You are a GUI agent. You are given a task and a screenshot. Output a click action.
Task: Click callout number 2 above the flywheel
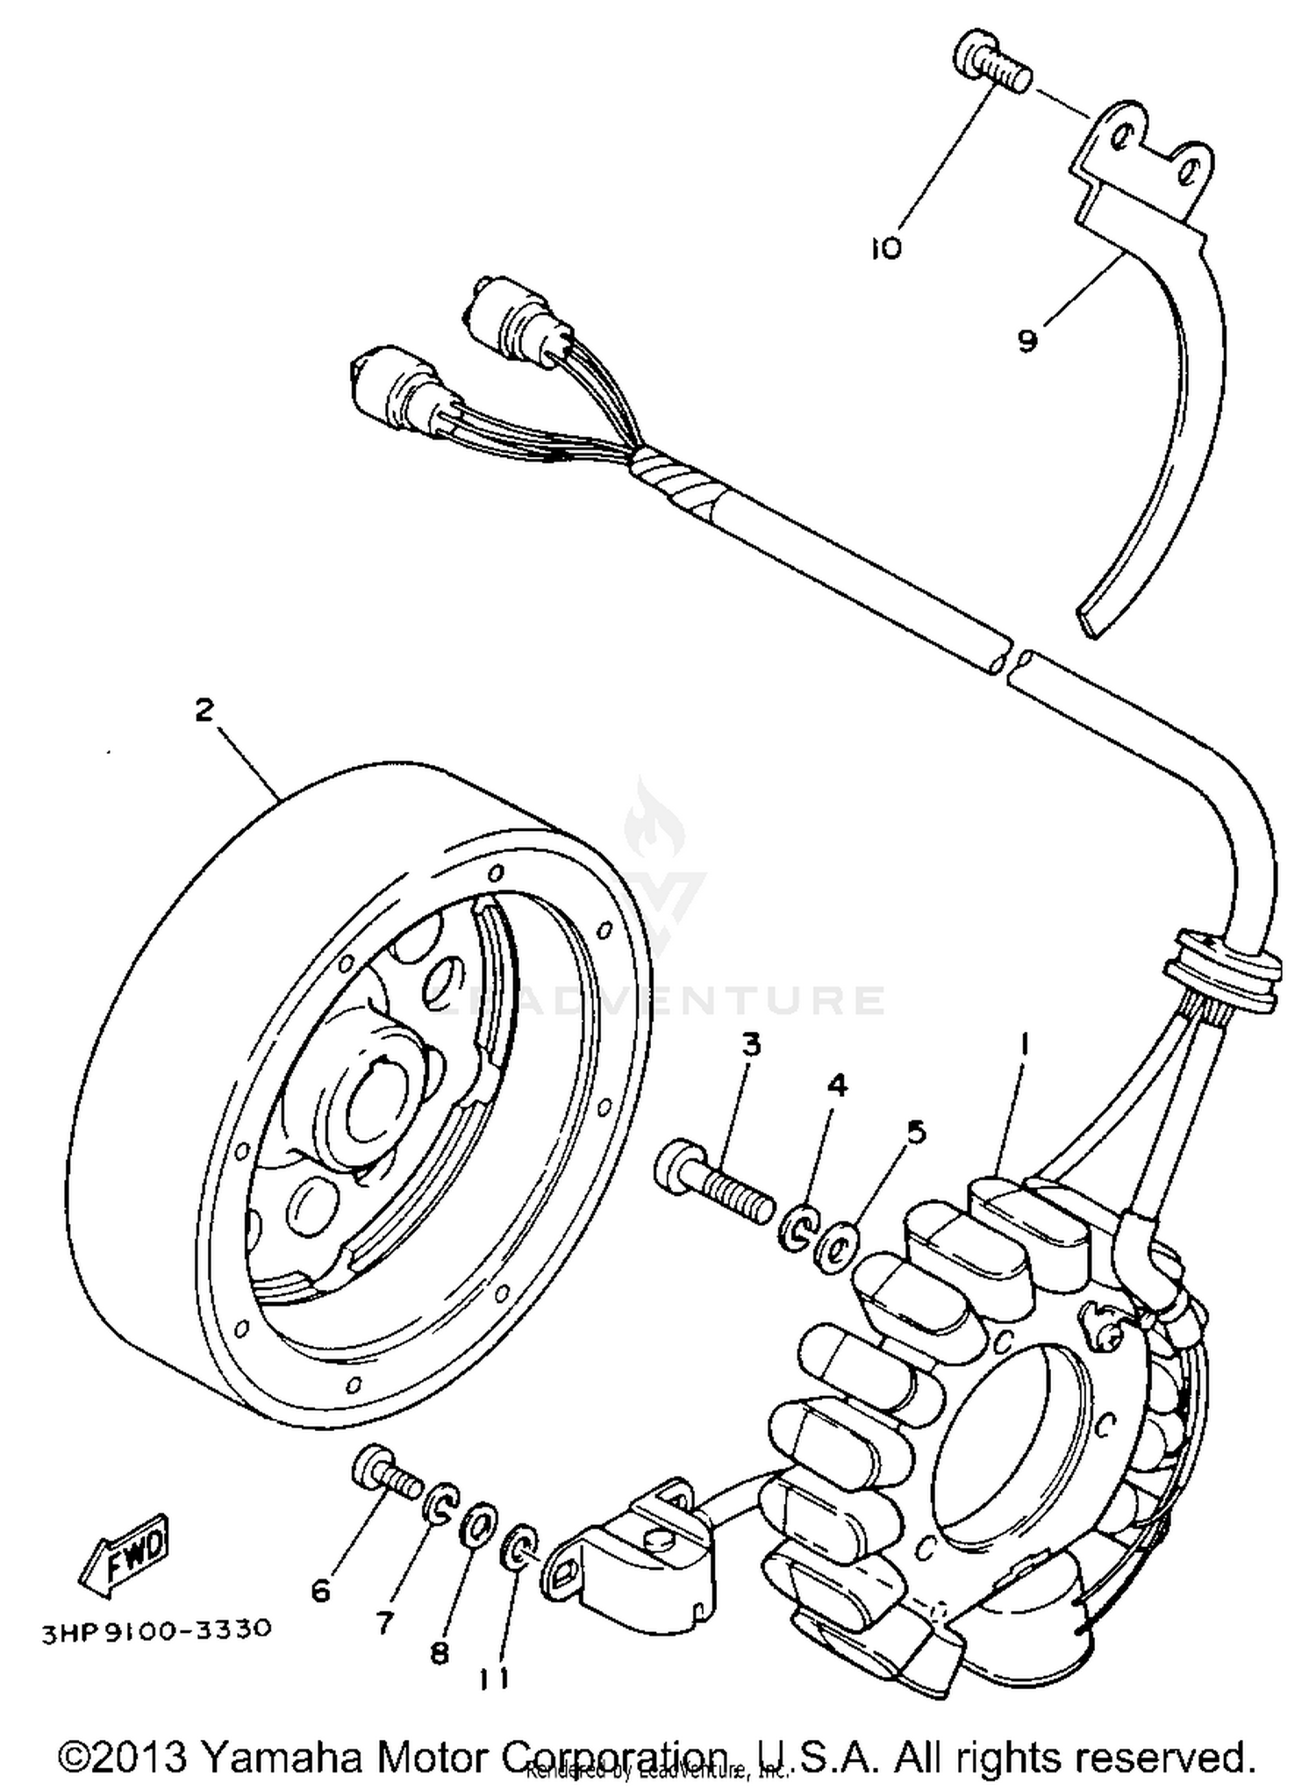click(x=204, y=709)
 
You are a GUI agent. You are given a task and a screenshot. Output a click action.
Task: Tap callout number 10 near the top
click(x=886, y=249)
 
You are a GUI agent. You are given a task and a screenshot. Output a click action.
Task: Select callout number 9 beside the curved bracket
click(x=1027, y=340)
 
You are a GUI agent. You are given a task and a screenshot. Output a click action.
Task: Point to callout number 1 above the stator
click(x=1023, y=1044)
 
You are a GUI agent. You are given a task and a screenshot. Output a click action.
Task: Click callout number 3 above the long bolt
click(x=751, y=1045)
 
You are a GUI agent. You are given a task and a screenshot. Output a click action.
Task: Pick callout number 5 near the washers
click(x=916, y=1132)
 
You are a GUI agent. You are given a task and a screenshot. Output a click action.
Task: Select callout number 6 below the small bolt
click(x=322, y=1589)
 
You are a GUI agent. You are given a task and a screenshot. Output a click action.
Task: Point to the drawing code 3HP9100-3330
click(x=156, y=1629)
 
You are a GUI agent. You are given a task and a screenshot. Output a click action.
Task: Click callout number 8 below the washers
click(x=439, y=1652)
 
